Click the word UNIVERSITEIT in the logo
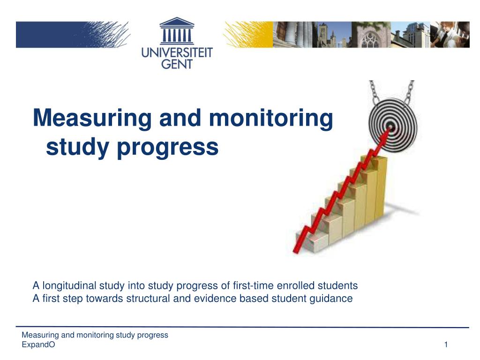point(177,52)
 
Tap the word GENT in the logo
point(177,64)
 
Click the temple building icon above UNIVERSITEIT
point(177,31)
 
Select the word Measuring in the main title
point(92,118)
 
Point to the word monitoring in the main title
point(271,118)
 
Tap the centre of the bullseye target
point(390,126)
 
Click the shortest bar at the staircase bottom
point(307,241)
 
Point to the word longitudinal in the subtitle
point(69,285)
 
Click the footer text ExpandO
point(38,345)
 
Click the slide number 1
point(446,345)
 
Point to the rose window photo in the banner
point(371,35)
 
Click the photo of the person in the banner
point(450,35)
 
